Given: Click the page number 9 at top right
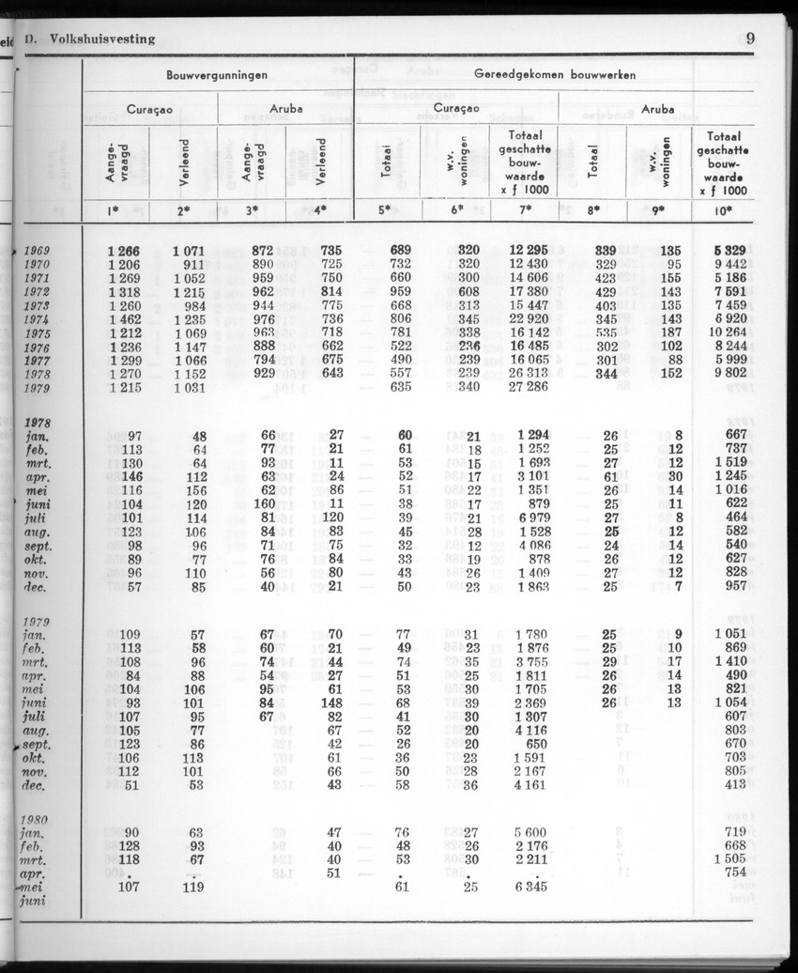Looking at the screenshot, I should click(751, 39).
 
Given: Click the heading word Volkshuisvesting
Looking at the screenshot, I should click(103, 39).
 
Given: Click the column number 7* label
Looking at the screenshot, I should click(524, 210).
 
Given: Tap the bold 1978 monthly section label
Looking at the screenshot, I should click(38, 423).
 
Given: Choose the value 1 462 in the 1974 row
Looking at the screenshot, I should click(123, 319).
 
